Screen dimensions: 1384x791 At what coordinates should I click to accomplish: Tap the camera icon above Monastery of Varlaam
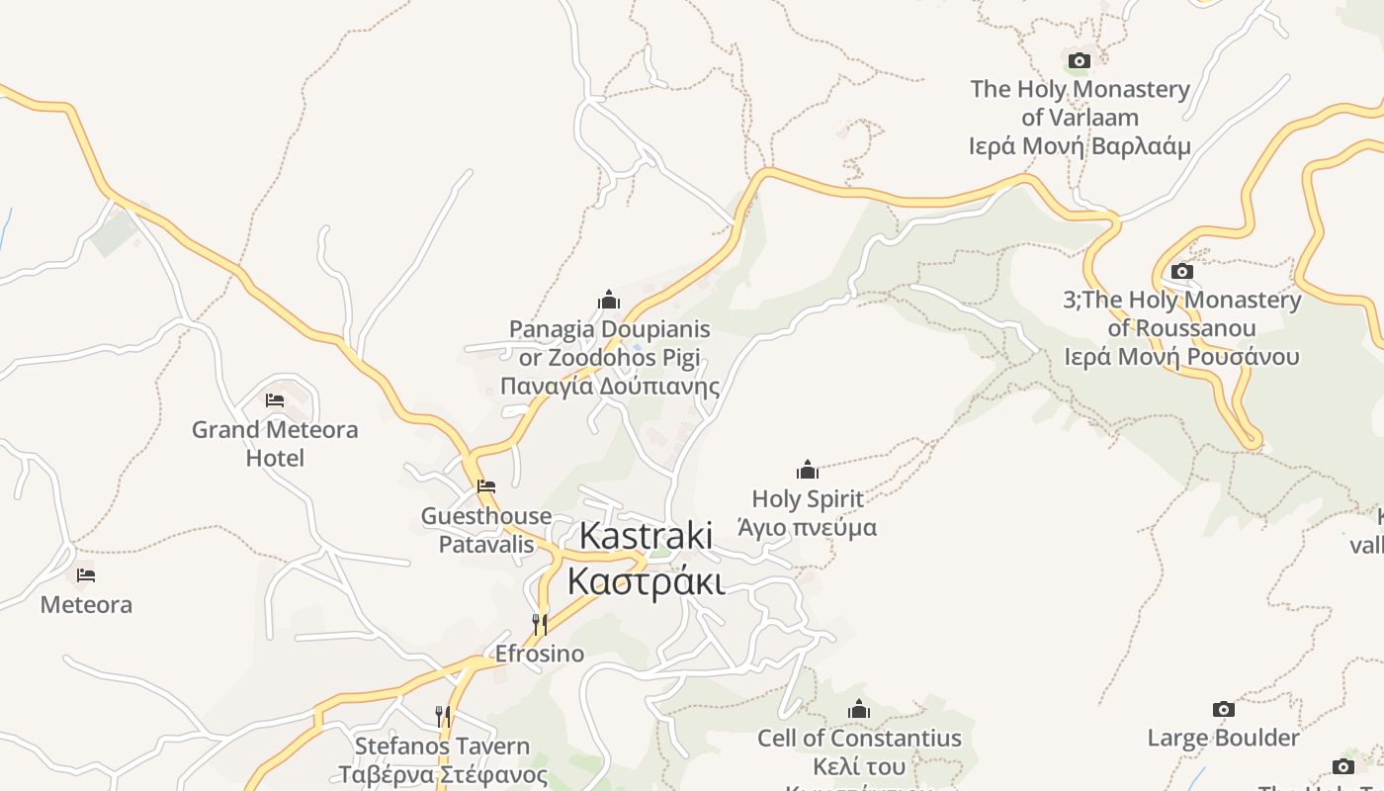coord(1080,61)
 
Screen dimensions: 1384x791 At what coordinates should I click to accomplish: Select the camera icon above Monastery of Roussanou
coord(1181,271)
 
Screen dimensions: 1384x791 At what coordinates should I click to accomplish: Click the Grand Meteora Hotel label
coord(275,444)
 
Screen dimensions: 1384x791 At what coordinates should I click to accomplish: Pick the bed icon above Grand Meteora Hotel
coord(275,400)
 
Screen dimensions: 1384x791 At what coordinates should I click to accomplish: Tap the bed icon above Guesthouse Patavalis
coord(485,486)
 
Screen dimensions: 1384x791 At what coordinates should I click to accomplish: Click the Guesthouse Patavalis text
coord(486,530)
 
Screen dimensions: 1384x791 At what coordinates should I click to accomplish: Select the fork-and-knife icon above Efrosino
coord(540,624)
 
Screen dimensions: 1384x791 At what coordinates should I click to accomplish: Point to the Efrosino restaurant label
coord(540,654)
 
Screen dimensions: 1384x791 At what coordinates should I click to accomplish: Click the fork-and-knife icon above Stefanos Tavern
coord(443,716)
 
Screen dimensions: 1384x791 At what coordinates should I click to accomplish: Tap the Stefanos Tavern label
coord(443,759)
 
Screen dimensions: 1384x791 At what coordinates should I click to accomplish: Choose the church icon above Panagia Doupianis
coord(609,300)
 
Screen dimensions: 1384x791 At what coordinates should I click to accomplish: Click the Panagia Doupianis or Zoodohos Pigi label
coord(609,357)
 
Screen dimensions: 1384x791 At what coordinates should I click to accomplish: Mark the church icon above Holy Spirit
coord(808,470)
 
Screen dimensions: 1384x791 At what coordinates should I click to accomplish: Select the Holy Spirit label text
coord(808,512)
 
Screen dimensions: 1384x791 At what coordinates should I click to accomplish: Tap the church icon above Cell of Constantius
coord(859,709)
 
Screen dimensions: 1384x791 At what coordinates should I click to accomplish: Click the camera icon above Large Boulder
coord(1224,709)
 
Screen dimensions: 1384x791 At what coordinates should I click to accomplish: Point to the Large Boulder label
coord(1224,738)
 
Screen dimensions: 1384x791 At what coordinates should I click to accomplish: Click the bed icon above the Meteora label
coord(86,574)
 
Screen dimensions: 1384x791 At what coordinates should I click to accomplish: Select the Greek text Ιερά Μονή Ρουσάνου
coord(1181,357)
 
